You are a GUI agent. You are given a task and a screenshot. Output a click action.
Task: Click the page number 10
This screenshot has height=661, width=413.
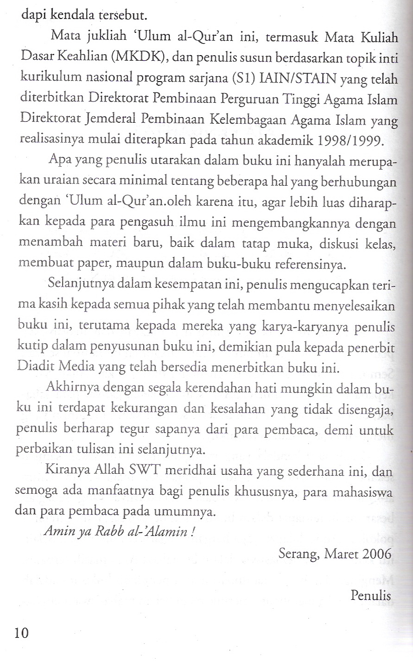pos(21,632)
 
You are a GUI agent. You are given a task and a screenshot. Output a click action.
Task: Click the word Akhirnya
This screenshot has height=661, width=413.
pos(68,388)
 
